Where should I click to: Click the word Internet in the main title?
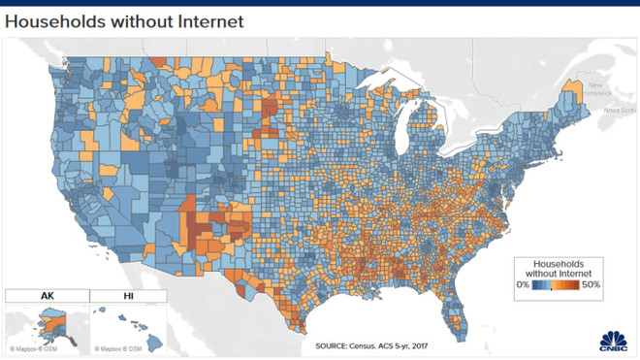[x=211, y=19]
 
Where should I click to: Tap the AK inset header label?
[x=46, y=295]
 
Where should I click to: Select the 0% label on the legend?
[x=523, y=285]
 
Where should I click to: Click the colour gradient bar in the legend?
[x=557, y=285]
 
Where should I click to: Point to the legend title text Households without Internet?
[x=558, y=268]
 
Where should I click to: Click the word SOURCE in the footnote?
[x=336, y=344]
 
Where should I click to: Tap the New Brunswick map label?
[x=601, y=89]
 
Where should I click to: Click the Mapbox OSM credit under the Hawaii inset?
[x=116, y=347]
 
